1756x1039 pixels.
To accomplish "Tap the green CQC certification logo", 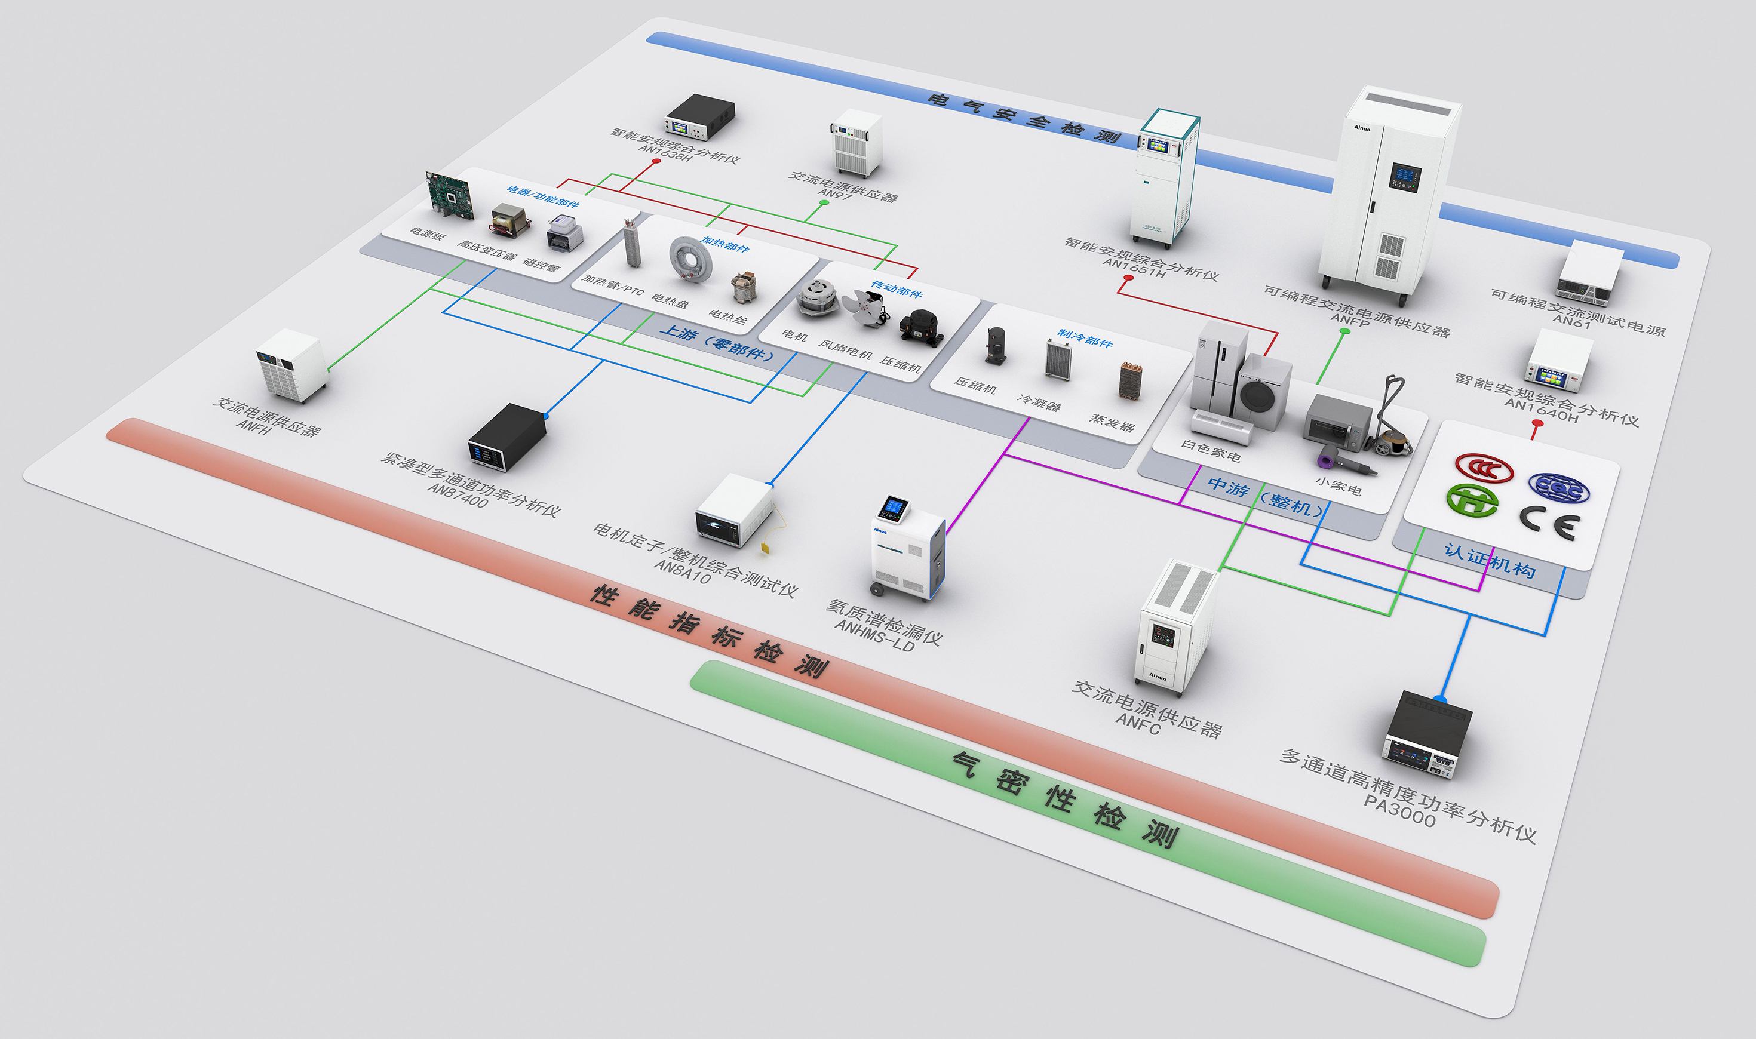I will click(x=1472, y=500).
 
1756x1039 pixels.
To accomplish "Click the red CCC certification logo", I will click(x=1484, y=468).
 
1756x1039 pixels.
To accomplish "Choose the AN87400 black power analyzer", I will click(x=507, y=437).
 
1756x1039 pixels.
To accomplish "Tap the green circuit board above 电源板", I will click(x=450, y=192).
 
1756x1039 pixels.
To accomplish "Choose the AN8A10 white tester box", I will click(x=734, y=510).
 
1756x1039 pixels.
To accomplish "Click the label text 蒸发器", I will click(x=1112, y=422).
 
